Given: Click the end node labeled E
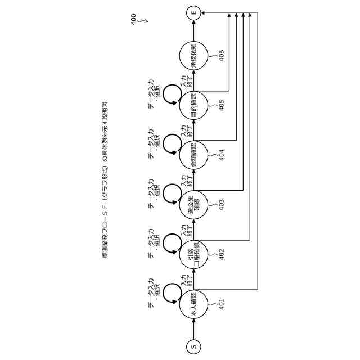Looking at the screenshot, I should point(194,11).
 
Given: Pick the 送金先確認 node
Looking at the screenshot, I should point(194,204).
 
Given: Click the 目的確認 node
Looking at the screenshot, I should point(194,105).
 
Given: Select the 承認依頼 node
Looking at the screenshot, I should point(194,56).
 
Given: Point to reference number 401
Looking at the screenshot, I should point(222,304).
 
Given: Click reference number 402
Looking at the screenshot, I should point(222,254).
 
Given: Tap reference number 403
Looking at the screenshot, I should point(222,205).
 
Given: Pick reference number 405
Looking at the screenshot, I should point(222,105).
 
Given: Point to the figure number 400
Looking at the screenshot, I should point(133,20).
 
